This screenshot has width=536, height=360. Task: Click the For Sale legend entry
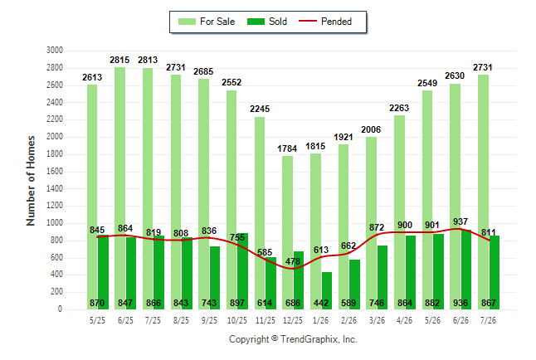click(x=207, y=22)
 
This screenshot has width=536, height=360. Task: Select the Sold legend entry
click(x=267, y=22)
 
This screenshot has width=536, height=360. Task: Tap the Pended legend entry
click(x=325, y=22)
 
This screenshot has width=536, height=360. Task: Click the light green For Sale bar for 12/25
click(x=287, y=233)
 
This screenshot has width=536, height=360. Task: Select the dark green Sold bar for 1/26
click(x=327, y=290)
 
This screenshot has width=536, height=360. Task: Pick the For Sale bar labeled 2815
click(x=119, y=188)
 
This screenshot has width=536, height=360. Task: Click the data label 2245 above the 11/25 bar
click(x=260, y=109)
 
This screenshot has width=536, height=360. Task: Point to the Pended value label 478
click(x=293, y=261)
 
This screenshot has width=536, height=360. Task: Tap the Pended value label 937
click(x=460, y=221)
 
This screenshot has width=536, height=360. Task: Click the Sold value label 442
click(x=321, y=303)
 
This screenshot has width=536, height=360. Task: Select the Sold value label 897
click(x=237, y=303)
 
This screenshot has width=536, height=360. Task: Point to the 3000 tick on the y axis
click(x=55, y=51)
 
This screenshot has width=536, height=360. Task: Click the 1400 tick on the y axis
click(x=55, y=188)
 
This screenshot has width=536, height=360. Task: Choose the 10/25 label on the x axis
click(x=237, y=320)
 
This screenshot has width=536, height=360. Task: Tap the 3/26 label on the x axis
click(x=377, y=320)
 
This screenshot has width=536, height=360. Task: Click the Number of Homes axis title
click(x=31, y=181)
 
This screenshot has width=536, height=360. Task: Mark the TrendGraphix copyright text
click(x=293, y=339)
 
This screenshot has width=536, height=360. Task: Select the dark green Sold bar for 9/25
click(x=215, y=278)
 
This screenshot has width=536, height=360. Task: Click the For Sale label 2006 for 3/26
click(x=371, y=130)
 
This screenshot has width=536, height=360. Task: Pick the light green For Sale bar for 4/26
click(x=399, y=212)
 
